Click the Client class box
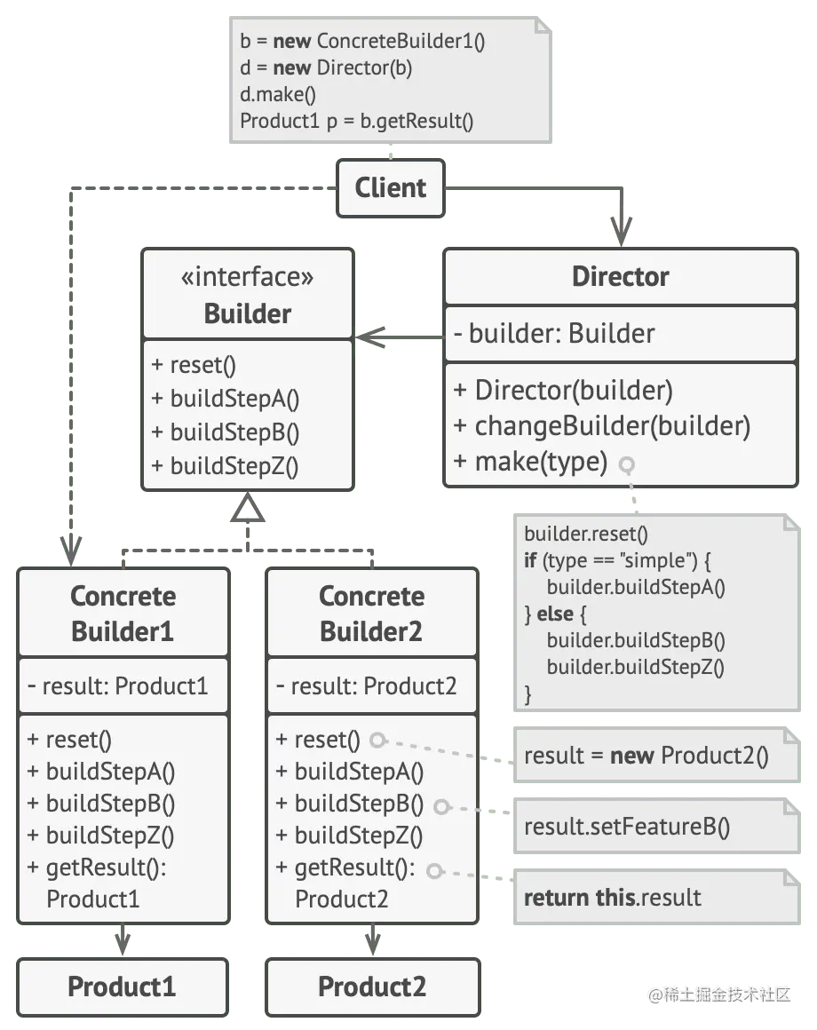coord(390,188)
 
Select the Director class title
coord(620,276)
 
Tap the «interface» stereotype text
coord(248,278)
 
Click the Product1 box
coord(122,986)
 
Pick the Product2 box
coord(372,986)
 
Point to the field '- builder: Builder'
coord(553,334)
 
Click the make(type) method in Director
coord(530,462)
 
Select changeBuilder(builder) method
coord(601,426)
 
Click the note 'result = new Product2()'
coord(646,756)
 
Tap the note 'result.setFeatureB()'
coord(627,828)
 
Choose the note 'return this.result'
coord(613,898)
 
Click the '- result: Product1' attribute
coord(117,686)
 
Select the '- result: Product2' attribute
coord(366,686)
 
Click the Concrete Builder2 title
coord(371,614)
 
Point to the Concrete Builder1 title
coord(123,614)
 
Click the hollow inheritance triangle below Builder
coord(249,510)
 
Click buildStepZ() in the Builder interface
coord(226,464)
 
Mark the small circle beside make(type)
coord(628,463)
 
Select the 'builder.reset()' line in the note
coord(586,534)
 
